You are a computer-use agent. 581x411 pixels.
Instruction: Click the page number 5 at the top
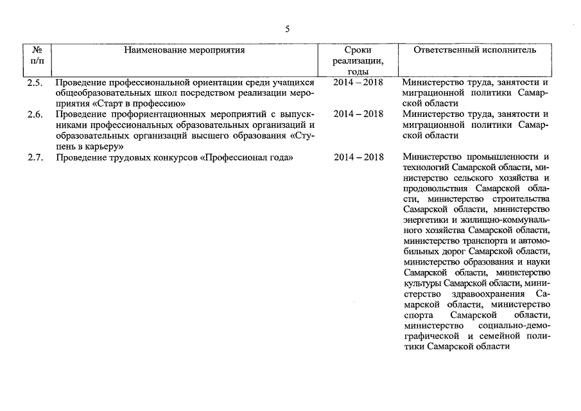click(288, 29)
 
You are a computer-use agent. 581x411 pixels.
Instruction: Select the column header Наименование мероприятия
click(185, 49)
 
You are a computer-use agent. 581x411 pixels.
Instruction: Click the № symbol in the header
click(37, 49)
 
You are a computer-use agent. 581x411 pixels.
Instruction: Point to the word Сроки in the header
click(358, 49)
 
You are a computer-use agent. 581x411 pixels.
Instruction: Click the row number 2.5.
click(35, 83)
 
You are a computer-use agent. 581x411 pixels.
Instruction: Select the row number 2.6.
click(35, 114)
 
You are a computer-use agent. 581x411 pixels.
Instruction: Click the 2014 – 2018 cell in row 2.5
click(358, 83)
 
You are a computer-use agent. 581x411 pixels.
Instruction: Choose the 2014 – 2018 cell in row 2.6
click(358, 114)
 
